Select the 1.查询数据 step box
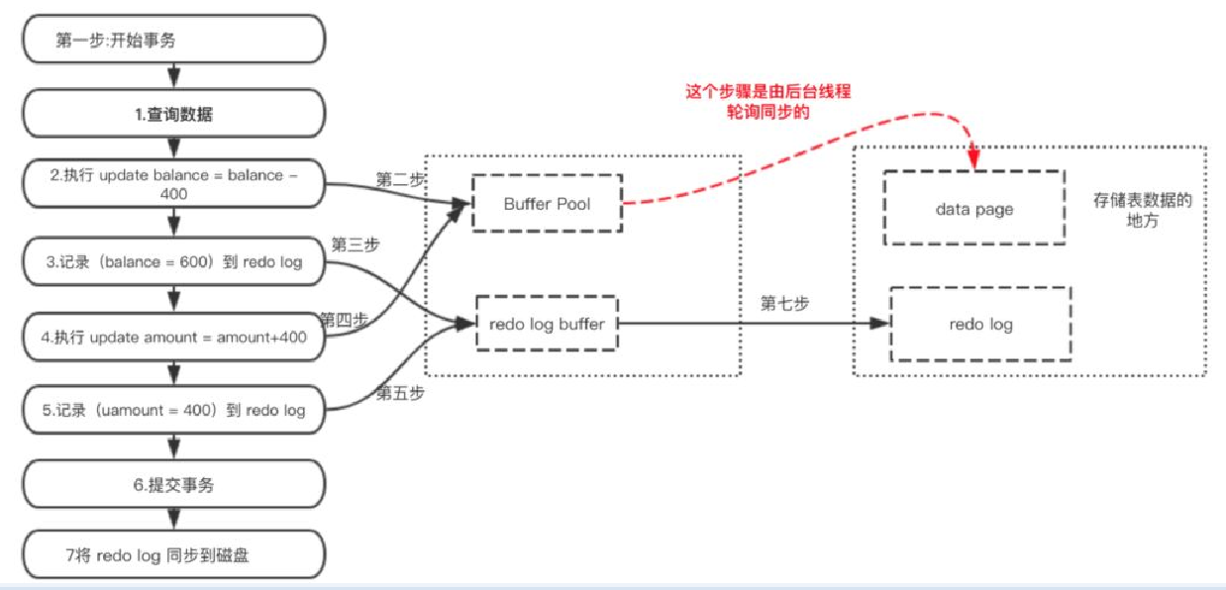174,114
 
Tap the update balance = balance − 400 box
174,184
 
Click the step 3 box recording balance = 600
174,262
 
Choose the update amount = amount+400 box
174,337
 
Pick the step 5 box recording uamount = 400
174,410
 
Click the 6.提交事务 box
174,485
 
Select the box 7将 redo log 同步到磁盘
174,554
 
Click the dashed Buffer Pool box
547,204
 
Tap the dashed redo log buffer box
547,324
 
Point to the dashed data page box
973,209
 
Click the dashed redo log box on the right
979,324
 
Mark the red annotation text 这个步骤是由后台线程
768,92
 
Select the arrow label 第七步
784,304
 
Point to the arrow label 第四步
343,319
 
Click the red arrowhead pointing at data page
974,158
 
